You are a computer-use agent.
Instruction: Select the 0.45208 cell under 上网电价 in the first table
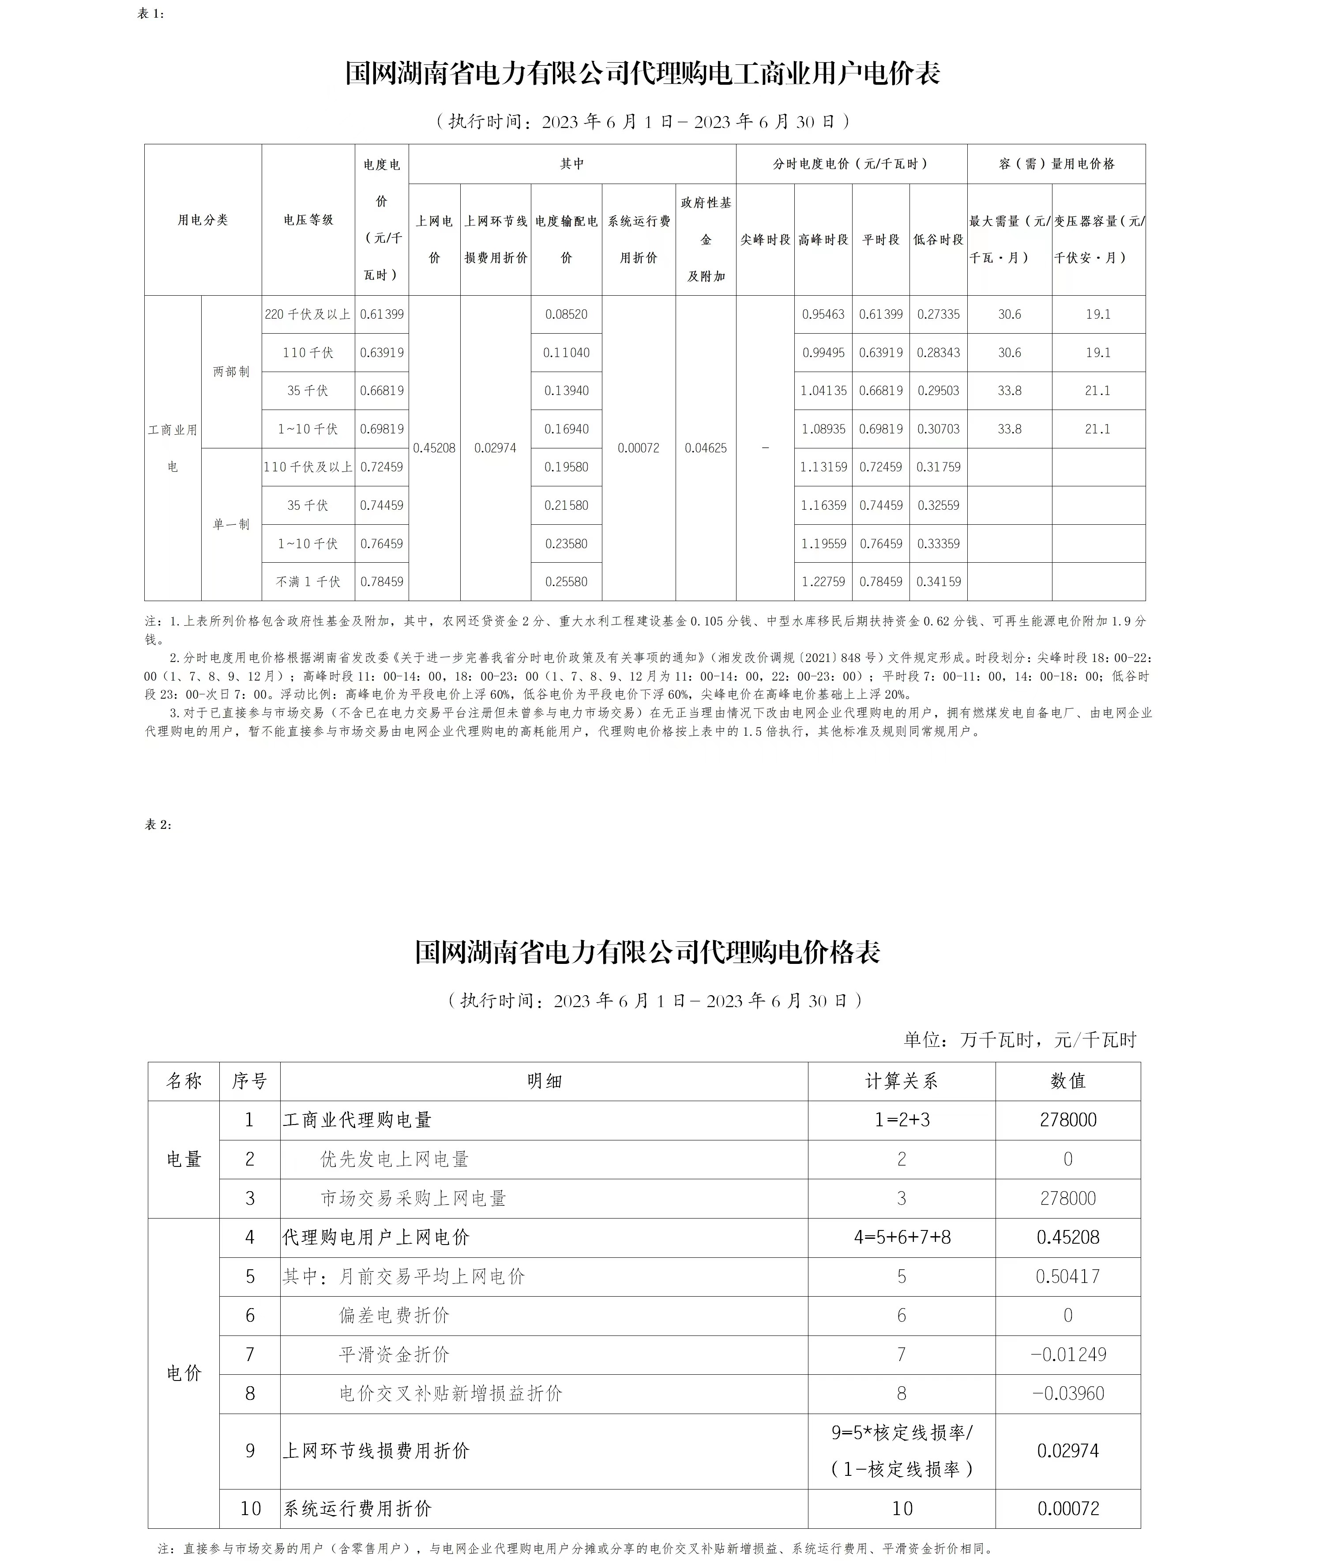pyautogui.click(x=434, y=448)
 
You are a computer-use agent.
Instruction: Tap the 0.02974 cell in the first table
pyautogui.click(x=495, y=448)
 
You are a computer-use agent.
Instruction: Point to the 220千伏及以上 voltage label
pyautogui.click(x=307, y=314)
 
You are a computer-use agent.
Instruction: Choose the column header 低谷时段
pyautogui.click(x=938, y=239)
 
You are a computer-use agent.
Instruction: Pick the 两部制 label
pyautogui.click(x=230, y=372)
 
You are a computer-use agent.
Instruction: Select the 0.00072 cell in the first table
pyautogui.click(x=638, y=448)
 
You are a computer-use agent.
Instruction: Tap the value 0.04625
pyautogui.click(x=705, y=448)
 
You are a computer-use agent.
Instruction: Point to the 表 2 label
pyautogui.click(x=158, y=824)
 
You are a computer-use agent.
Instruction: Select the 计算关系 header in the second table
pyautogui.click(x=901, y=1081)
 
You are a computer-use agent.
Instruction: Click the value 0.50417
pyautogui.click(x=1067, y=1276)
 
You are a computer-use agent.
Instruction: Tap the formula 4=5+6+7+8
pyautogui.click(x=902, y=1237)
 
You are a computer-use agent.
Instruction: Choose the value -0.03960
pyautogui.click(x=1067, y=1393)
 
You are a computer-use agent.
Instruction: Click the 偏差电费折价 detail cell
pyautogui.click(x=394, y=1316)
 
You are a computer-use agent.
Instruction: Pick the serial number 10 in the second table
pyautogui.click(x=250, y=1508)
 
